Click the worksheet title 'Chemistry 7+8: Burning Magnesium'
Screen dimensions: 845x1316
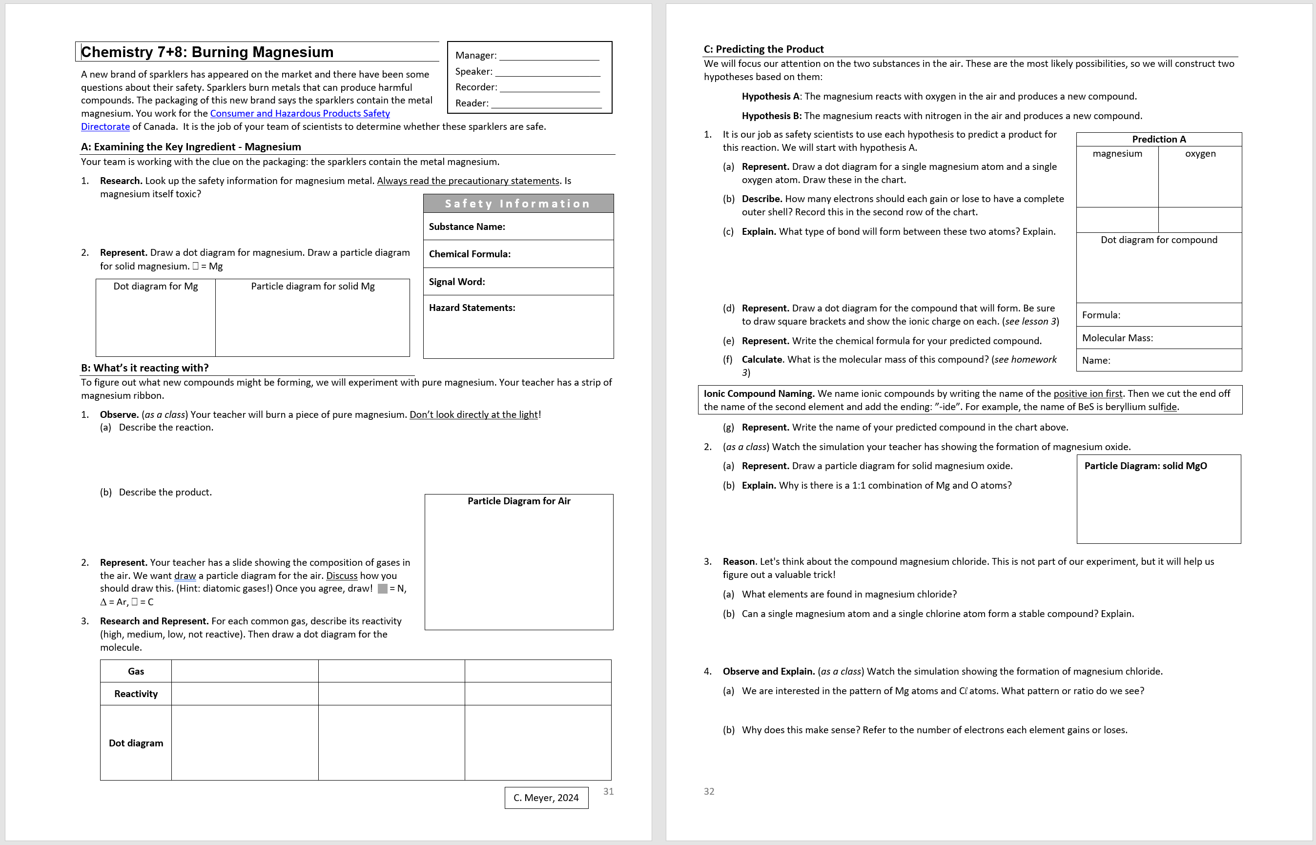(x=207, y=52)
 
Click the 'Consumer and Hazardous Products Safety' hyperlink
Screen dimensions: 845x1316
(x=300, y=114)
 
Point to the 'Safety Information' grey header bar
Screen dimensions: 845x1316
(x=518, y=204)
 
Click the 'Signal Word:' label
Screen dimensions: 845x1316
(x=456, y=282)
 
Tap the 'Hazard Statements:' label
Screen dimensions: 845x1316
(x=472, y=308)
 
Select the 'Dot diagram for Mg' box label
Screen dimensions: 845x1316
(x=155, y=287)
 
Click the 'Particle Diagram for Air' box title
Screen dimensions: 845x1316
(x=518, y=501)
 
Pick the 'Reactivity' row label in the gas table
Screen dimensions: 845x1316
(x=136, y=694)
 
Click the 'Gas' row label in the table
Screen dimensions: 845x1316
(x=136, y=672)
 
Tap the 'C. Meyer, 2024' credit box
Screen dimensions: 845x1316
(x=546, y=798)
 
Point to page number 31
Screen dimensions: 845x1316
(x=608, y=791)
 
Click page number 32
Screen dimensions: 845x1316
(x=709, y=791)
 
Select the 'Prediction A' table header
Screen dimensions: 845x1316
(x=1158, y=140)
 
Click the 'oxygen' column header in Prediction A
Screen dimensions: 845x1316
(x=1200, y=154)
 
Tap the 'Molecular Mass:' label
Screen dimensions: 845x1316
(x=1117, y=338)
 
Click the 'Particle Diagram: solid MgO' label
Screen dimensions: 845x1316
(x=1145, y=466)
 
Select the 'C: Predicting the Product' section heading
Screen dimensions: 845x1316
(x=763, y=49)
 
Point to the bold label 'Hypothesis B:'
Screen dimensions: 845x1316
(x=771, y=116)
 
